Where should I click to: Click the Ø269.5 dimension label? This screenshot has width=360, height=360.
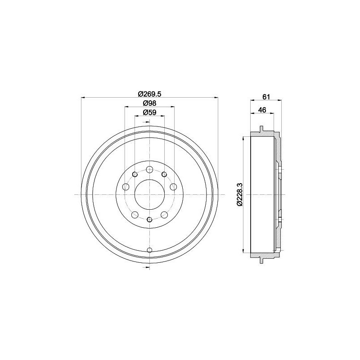point(149,94)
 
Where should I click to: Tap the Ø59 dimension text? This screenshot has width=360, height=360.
point(149,113)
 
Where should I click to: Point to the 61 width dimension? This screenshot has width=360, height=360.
point(265,97)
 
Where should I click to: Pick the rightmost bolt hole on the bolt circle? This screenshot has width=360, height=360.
point(174,187)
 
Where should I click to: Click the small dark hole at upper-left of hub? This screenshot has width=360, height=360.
point(134,174)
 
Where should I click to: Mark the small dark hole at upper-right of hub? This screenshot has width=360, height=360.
point(164,174)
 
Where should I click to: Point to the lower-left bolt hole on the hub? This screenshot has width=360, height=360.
point(134,215)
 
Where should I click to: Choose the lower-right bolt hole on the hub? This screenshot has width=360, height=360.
point(164,215)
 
